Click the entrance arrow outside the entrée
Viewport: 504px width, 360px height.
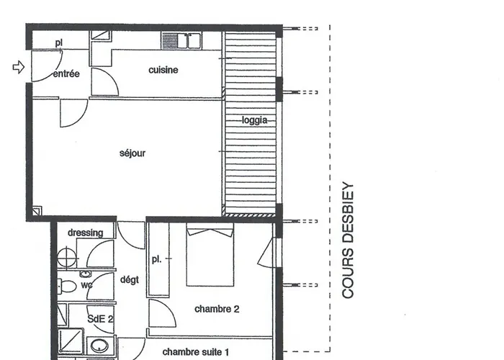[x=19, y=67]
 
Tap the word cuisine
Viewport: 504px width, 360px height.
[x=163, y=70]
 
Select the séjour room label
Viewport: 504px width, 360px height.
[x=132, y=153]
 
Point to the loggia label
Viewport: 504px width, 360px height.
[x=254, y=120]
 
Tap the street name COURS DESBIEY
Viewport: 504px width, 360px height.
[x=348, y=240]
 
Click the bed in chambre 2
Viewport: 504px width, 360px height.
[x=210, y=256]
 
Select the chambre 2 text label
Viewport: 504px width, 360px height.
[x=217, y=309]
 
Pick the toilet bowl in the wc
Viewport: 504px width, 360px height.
[x=67, y=287]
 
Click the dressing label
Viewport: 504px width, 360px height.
[x=85, y=233]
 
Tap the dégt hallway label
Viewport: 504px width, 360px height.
[x=130, y=281]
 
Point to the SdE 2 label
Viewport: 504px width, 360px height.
[x=100, y=318]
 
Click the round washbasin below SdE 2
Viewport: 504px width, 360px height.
[x=99, y=346]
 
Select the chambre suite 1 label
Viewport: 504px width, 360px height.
[x=195, y=352]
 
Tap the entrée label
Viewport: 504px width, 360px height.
[x=66, y=73]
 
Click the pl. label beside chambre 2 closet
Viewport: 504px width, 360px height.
[x=156, y=258]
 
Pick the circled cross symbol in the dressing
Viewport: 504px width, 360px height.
[x=66, y=257]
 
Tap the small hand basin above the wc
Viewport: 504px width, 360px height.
[x=85, y=275]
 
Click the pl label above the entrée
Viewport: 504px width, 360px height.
[x=59, y=43]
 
